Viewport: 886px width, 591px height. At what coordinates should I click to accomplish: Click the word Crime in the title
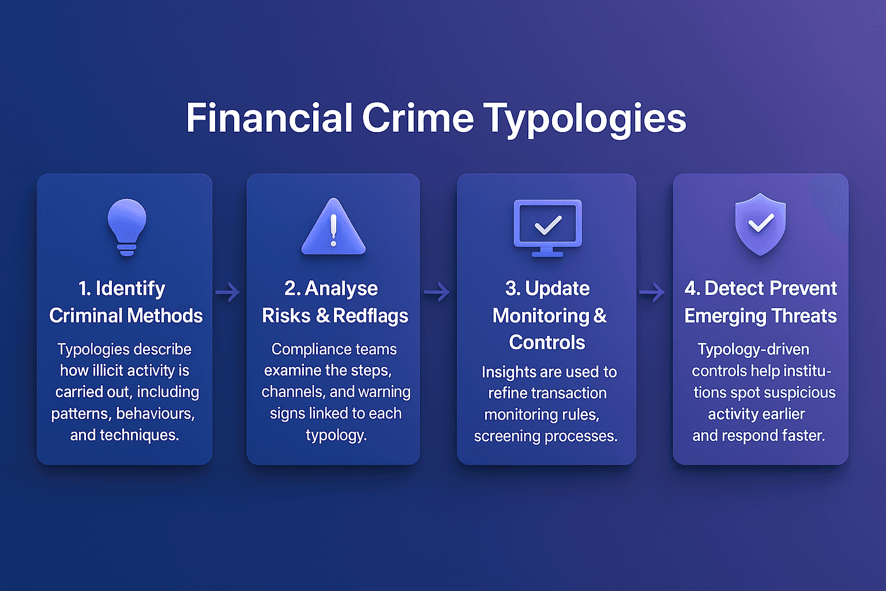pyautogui.click(x=418, y=118)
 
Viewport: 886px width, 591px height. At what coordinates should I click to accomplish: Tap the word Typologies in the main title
pyautogui.click(x=584, y=119)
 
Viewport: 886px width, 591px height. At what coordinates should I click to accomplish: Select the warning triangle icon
pyautogui.click(x=333, y=227)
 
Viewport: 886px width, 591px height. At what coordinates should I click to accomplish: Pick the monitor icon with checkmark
pyautogui.click(x=547, y=227)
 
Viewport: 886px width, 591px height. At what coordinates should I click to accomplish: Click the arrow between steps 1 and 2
pyautogui.click(x=228, y=292)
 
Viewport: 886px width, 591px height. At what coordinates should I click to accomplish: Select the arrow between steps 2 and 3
pyautogui.click(x=437, y=292)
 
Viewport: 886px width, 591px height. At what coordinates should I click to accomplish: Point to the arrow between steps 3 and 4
pyautogui.click(x=652, y=292)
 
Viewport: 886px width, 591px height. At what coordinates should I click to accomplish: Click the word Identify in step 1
pyautogui.click(x=130, y=288)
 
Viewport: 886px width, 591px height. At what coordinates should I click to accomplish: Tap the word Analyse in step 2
pyautogui.click(x=341, y=288)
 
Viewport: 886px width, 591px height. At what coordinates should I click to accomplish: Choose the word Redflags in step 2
pyautogui.click(x=370, y=316)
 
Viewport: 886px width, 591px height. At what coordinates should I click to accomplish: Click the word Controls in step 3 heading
pyautogui.click(x=547, y=342)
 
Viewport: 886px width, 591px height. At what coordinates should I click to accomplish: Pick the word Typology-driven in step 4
pyautogui.click(x=753, y=349)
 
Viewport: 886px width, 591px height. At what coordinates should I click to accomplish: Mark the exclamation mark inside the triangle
pyautogui.click(x=333, y=230)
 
